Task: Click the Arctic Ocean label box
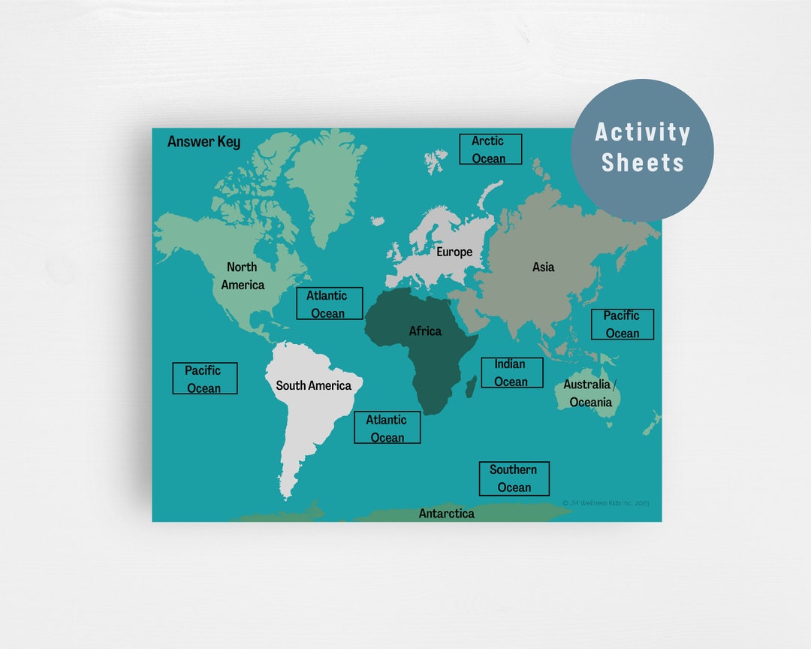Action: coord(490,149)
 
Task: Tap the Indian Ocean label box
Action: coord(511,373)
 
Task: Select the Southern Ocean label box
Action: coord(514,478)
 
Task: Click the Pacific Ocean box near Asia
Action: coord(622,324)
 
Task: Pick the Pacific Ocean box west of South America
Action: coord(204,379)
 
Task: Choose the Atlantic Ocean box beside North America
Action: coord(329,304)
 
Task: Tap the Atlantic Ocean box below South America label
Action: coord(387,428)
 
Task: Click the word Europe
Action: coord(454,252)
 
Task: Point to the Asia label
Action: coord(543,267)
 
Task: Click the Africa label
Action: coord(425,331)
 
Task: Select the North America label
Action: coord(243,276)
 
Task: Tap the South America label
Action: coord(313,385)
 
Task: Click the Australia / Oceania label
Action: coord(591,393)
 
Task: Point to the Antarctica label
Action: coord(446,513)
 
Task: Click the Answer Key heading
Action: coord(204,141)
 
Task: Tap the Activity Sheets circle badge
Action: coord(642,148)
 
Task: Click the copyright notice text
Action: coord(605,503)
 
